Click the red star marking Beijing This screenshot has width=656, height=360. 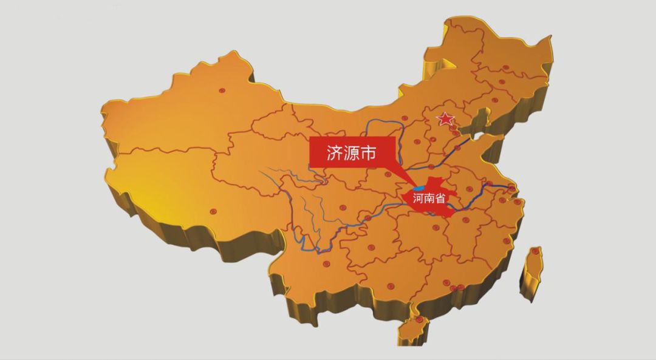point(446,119)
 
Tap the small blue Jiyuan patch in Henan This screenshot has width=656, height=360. point(419,188)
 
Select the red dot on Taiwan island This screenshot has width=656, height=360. point(535,251)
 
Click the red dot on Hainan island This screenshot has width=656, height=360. point(419,320)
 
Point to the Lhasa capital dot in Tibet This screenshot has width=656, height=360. point(213,211)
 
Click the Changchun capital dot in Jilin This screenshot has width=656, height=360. point(502,82)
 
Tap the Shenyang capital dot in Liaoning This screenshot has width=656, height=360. point(494,100)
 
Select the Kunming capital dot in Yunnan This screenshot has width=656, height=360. point(327,265)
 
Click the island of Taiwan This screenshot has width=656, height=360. point(531,270)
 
